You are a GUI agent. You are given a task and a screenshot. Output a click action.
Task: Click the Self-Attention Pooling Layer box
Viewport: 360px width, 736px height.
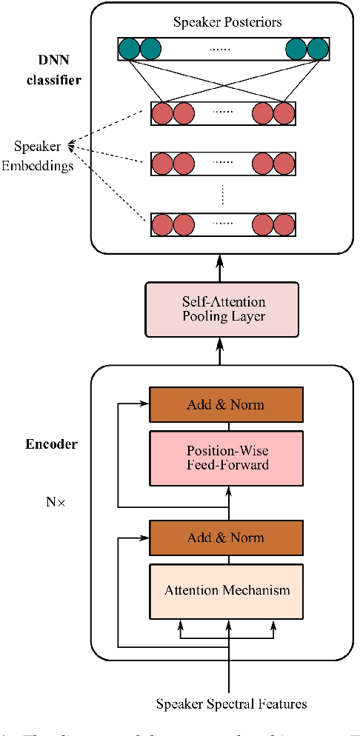coord(224,310)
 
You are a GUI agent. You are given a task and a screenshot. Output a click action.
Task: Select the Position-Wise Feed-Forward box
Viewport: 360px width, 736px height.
coord(227,458)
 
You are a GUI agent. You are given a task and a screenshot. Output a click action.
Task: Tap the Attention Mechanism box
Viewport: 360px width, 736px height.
coord(227,590)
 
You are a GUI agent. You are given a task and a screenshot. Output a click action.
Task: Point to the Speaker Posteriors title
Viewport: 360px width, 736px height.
coord(227,22)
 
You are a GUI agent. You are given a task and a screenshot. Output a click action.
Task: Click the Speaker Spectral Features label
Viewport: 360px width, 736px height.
coord(231,703)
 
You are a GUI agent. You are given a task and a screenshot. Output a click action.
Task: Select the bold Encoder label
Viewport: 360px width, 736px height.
coord(52,445)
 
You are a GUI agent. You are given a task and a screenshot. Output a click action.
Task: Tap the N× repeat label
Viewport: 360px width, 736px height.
coord(56,501)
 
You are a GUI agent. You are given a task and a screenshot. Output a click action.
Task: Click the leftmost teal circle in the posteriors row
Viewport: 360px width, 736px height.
coord(130,49)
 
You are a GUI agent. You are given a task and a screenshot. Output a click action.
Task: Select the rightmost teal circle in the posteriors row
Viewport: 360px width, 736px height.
coord(318,49)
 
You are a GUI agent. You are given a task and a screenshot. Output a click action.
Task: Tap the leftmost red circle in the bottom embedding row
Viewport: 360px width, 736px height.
coord(162,225)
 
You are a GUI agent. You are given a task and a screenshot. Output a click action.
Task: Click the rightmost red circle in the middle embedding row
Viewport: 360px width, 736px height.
coord(284,163)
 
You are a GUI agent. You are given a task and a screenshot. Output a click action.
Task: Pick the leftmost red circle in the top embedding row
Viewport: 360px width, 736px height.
coord(162,114)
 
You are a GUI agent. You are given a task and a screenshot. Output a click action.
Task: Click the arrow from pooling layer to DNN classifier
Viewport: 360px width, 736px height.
coord(220,267)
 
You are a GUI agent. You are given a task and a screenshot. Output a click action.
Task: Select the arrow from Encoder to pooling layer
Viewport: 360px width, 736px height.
coord(220,352)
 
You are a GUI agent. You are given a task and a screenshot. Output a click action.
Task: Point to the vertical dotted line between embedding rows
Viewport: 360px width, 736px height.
coord(223,194)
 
